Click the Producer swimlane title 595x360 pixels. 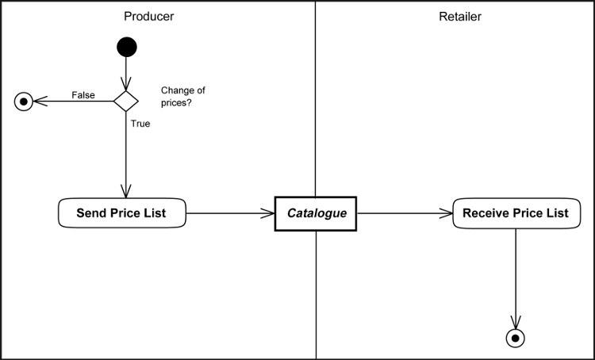click(149, 16)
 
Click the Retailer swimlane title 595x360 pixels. click(459, 16)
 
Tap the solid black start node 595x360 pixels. click(126, 48)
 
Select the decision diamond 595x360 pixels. click(126, 101)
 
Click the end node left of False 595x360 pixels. click(25, 101)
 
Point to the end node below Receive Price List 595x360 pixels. click(516, 338)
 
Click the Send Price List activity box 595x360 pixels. click(121, 213)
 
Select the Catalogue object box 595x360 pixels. click(316, 213)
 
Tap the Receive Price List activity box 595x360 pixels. click(516, 213)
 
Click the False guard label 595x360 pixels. click(83, 95)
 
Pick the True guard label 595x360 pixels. click(140, 124)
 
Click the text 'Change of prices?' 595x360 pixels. click(182, 97)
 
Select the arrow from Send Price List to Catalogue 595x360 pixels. click(230, 213)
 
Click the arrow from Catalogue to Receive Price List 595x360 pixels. click(405, 213)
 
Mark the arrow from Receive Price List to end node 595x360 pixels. click(516, 278)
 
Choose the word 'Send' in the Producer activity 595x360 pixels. click(91, 213)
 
